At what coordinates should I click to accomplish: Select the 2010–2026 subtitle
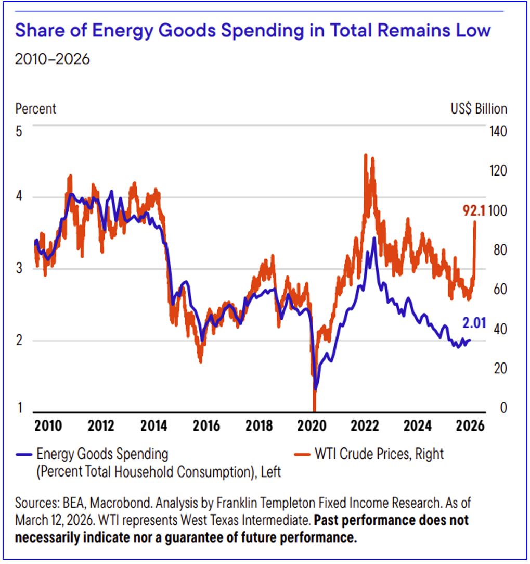click(x=52, y=59)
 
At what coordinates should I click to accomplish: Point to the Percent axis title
click(x=35, y=109)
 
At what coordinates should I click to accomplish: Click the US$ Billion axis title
click(x=479, y=109)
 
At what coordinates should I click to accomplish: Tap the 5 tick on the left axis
click(x=19, y=131)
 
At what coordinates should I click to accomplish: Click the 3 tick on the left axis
click(x=19, y=268)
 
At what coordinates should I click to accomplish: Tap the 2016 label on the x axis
click(x=206, y=425)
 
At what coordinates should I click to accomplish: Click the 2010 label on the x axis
click(x=48, y=425)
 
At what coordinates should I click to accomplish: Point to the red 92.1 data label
click(x=474, y=211)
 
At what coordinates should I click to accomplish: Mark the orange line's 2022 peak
click(x=366, y=155)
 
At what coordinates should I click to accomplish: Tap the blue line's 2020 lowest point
click(x=316, y=388)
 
